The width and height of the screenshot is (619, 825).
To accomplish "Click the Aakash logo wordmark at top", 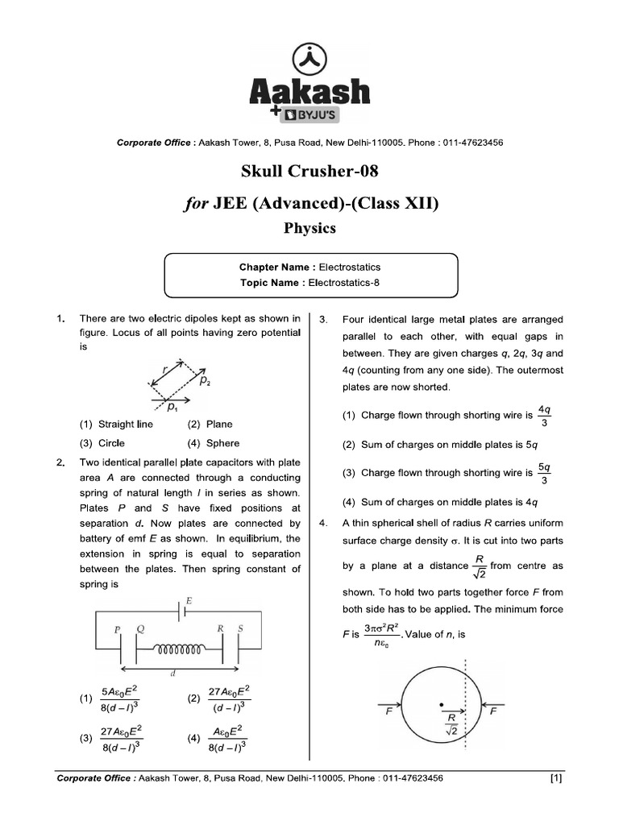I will [310, 91].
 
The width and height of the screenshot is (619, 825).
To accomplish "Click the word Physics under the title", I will [309, 228].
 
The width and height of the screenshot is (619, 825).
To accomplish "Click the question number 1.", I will [61, 319].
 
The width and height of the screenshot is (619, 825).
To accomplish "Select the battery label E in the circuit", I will [189, 601].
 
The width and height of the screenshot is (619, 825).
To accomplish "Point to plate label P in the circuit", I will [118, 628].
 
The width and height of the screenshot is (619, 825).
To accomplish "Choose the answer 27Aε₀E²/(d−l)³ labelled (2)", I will [228, 699].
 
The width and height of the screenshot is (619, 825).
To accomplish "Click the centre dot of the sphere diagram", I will [441, 706].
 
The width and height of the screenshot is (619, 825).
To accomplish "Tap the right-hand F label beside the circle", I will [493, 713].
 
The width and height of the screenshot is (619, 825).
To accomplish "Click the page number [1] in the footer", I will [556, 778].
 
